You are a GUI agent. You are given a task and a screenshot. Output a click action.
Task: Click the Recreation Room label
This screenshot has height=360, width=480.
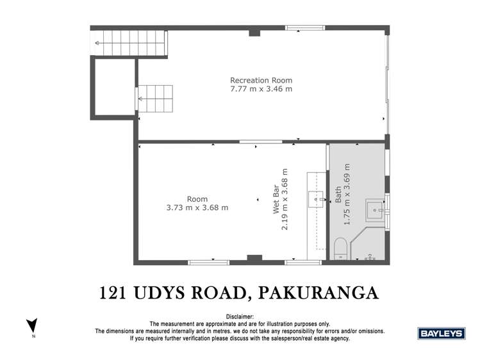(261, 80)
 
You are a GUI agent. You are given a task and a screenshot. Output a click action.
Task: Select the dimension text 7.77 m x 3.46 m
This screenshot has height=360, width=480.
(261, 89)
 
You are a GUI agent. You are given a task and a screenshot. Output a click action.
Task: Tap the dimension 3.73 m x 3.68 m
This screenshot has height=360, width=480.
(197, 208)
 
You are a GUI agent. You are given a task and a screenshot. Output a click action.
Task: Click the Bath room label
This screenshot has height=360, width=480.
(338, 194)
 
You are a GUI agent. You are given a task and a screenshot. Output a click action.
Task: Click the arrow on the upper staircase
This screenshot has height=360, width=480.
(98, 43)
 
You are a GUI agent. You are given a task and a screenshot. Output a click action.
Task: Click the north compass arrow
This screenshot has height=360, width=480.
(32, 325)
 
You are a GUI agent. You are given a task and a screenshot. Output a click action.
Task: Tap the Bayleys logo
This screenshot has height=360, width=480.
(441, 333)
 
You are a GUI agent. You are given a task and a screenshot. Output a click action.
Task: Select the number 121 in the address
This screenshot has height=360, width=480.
(115, 293)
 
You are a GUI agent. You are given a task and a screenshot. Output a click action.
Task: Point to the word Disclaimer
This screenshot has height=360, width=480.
(240, 317)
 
